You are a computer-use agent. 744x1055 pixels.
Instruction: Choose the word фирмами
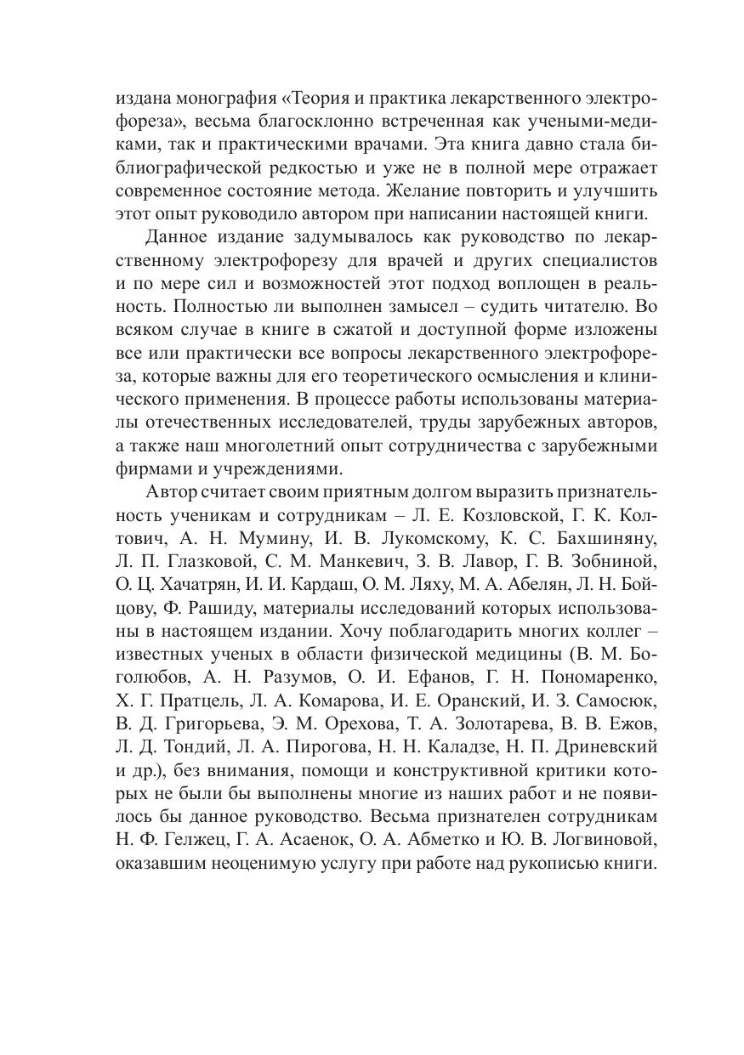pos(146,468)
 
